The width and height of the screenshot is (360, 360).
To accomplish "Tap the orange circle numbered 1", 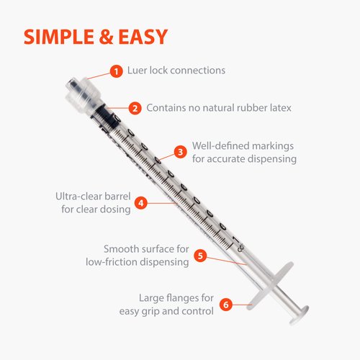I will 114,71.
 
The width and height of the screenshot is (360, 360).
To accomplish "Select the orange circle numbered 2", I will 135,108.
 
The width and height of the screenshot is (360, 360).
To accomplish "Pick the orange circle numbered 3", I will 181,152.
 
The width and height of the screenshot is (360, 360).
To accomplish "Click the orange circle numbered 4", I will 141,203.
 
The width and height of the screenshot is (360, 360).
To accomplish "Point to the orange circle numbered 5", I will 201,255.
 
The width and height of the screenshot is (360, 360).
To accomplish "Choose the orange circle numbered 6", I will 225,305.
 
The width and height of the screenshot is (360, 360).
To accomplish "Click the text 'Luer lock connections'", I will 176,71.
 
